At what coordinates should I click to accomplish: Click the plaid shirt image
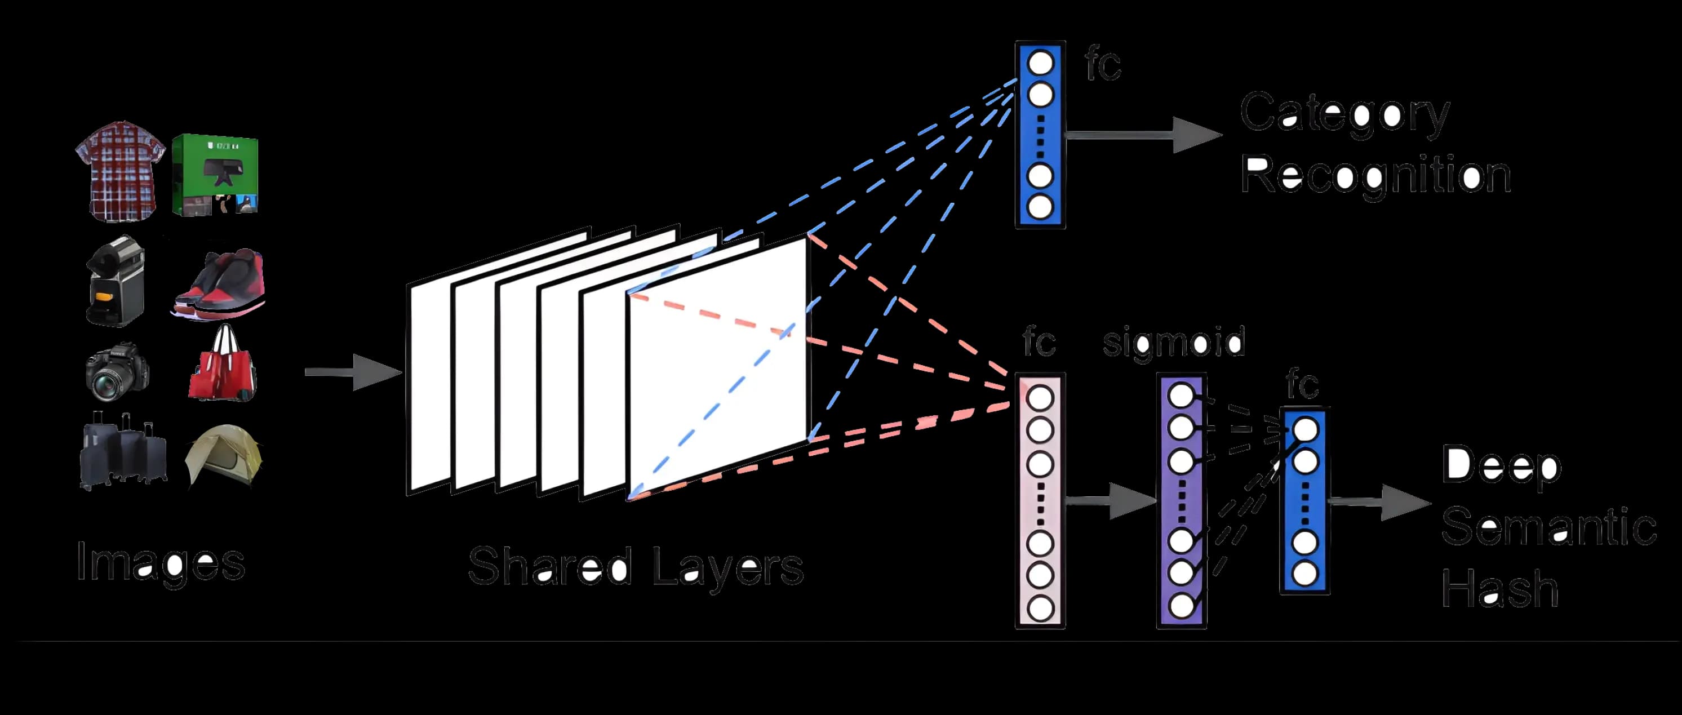point(119,171)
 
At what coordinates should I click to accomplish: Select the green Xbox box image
point(215,175)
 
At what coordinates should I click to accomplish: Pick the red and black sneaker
point(221,283)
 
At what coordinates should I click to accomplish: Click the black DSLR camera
point(117,371)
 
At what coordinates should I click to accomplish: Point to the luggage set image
point(122,451)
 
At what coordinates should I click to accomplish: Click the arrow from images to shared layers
point(353,372)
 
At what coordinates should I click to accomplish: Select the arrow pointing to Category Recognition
point(1143,135)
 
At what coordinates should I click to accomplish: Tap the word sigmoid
point(1173,342)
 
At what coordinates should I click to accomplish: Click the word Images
point(160,562)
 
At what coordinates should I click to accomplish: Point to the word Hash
point(1500,588)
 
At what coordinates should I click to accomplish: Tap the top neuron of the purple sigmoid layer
point(1181,396)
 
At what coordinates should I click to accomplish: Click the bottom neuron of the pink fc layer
point(1040,609)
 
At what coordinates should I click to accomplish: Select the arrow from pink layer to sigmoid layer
point(1110,501)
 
